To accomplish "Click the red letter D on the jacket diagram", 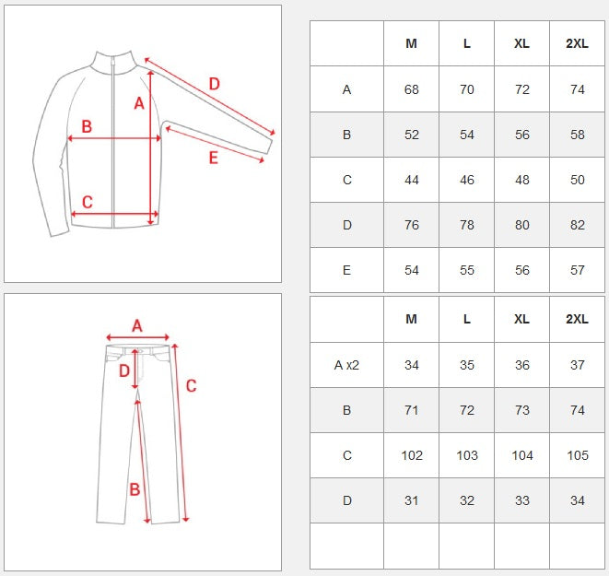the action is [215, 84].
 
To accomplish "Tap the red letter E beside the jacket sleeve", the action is [213, 158].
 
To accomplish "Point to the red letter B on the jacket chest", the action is [87, 126].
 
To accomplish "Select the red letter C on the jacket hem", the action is [88, 202].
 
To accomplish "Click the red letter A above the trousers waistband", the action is [136, 326].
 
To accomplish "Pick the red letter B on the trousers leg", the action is [135, 489].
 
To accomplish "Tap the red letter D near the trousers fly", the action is [123, 370].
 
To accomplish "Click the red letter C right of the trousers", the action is [191, 385].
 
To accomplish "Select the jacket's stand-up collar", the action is [114, 62].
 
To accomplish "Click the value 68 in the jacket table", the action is [411, 89].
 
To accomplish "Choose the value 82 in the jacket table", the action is [577, 225].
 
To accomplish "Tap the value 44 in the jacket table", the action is [411, 180].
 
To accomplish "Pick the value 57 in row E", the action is [577, 270].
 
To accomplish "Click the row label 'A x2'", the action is [346, 365].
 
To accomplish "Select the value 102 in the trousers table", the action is [411, 455].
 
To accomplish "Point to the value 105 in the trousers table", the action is [577, 455].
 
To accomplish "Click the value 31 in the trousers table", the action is [411, 500].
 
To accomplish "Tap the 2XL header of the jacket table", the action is [577, 43].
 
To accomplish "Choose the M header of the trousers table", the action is [411, 319].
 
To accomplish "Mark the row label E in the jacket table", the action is [346, 270].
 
